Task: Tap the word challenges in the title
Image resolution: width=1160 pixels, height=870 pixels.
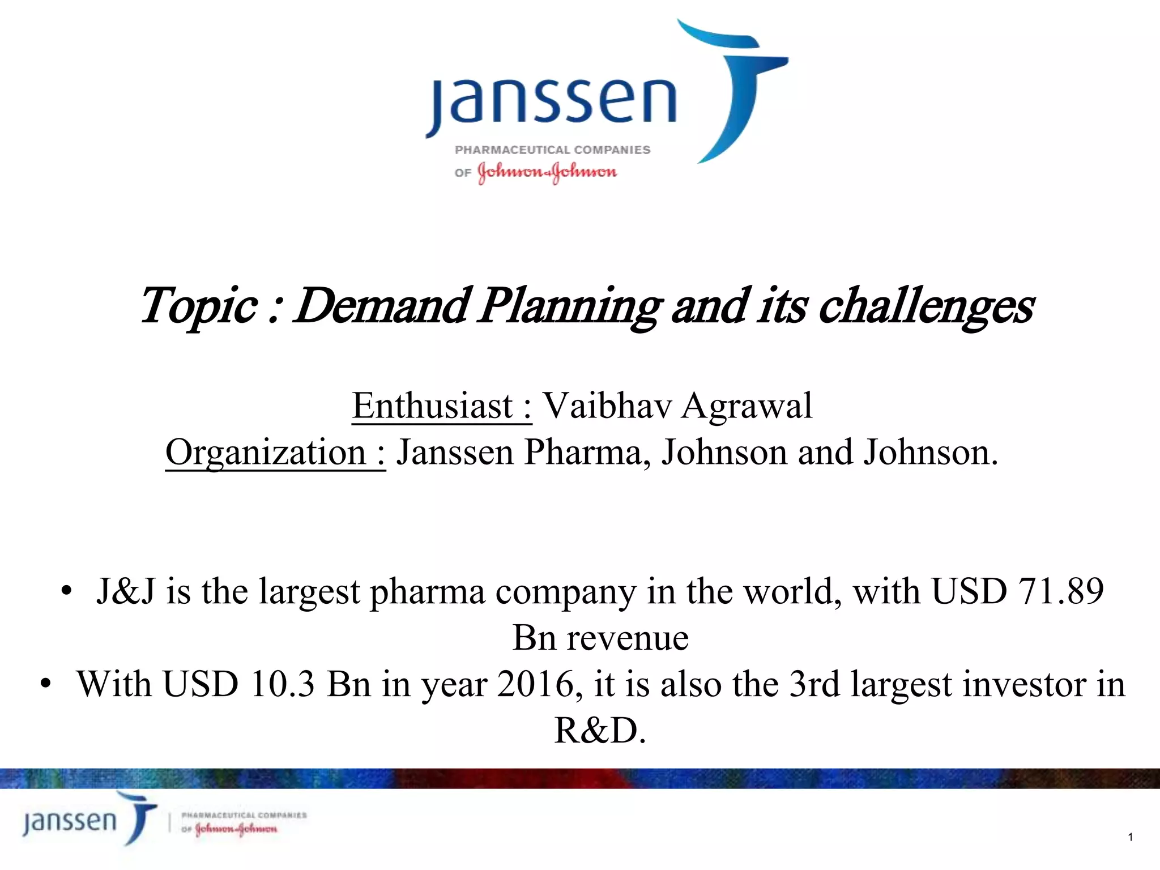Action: pyautogui.click(x=926, y=306)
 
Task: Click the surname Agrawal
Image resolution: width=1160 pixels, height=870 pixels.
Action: pyautogui.click(x=747, y=406)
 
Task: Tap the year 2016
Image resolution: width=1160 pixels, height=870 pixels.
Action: pyautogui.click(x=535, y=684)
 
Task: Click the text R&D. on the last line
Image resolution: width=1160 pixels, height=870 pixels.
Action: pyautogui.click(x=600, y=730)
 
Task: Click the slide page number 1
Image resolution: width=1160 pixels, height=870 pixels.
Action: pyautogui.click(x=1130, y=837)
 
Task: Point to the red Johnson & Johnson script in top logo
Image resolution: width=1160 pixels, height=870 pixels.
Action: pyautogui.click(x=547, y=172)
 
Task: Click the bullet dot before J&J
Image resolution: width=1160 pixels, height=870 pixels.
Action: pyautogui.click(x=67, y=591)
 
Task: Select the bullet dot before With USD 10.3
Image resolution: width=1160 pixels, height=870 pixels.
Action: pyautogui.click(x=46, y=684)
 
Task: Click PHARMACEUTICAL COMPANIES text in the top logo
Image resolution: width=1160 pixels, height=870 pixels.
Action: pyautogui.click(x=553, y=150)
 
